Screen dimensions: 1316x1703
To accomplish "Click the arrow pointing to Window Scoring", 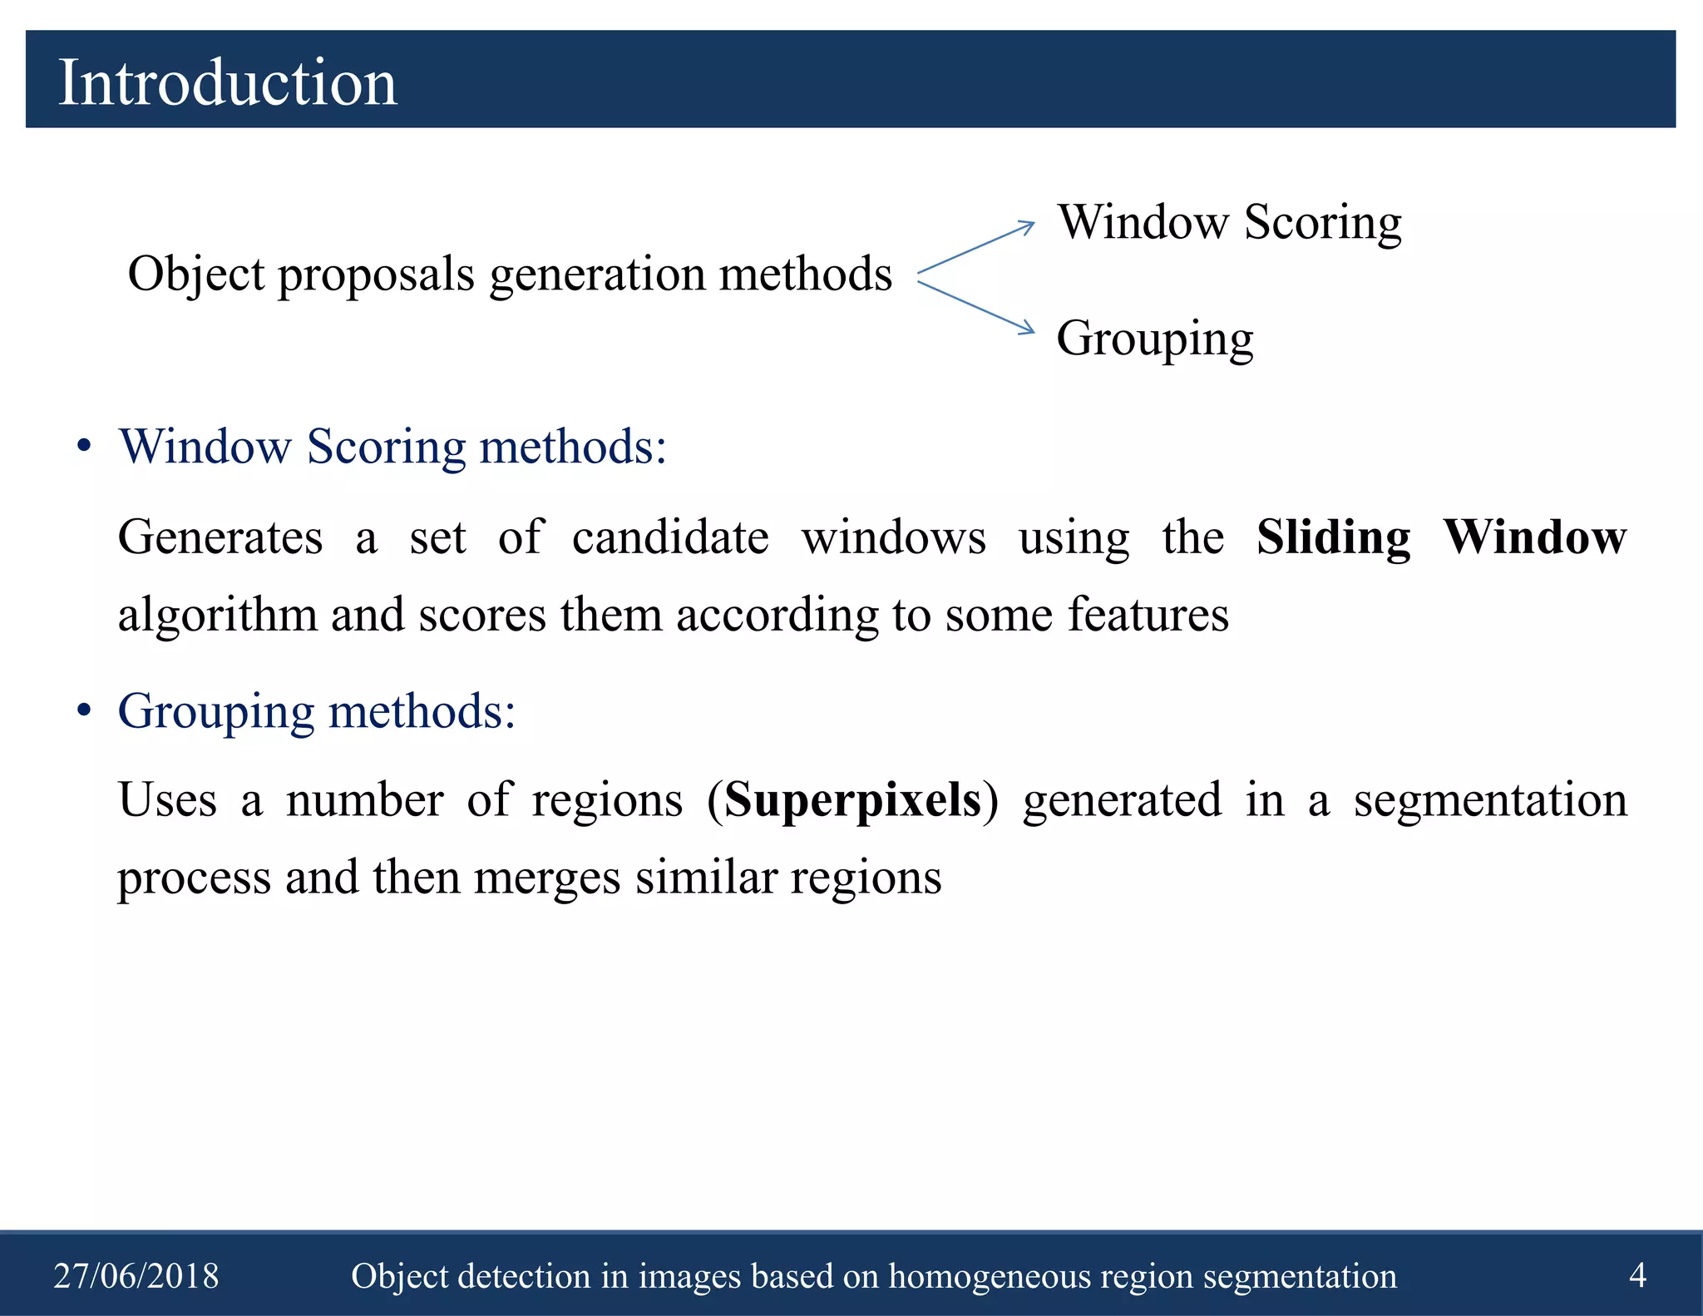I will click(x=976, y=247).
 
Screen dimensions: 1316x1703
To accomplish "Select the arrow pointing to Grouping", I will click(x=976, y=307).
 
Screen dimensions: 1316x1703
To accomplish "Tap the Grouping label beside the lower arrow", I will click(x=1154, y=339).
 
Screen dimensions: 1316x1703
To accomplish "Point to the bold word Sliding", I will click(x=1333, y=537).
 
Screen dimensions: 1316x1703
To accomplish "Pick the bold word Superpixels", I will click(x=852, y=800).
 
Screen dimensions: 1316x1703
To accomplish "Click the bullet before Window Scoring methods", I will click(x=83, y=447).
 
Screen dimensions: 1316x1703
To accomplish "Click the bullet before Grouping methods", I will click(x=83, y=711).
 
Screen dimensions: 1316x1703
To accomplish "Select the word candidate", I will click(x=670, y=537).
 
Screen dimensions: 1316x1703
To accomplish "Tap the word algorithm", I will click(x=217, y=616).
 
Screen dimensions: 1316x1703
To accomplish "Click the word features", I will click(x=1148, y=615).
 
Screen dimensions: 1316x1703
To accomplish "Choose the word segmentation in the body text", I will click(x=1489, y=800).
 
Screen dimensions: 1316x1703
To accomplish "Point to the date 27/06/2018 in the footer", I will click(x=136, y=1275).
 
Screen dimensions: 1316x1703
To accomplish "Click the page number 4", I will click(x=1636, y=1274).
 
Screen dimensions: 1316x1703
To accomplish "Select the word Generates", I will click(x=220, y=537).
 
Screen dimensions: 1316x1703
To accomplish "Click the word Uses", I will click(x=167, y=800).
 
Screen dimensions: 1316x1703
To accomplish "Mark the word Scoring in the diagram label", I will click(x=1322, y=223).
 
